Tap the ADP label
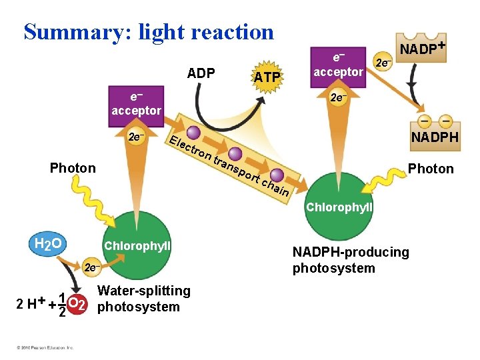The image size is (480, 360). pos(201,73)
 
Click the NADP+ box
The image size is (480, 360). pos(421,48)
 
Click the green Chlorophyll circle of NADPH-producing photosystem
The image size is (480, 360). pos(339,207)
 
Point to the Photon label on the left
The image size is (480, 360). pos(73,167)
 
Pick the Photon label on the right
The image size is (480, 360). pos(431,169)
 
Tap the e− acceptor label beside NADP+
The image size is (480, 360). pos(339,64)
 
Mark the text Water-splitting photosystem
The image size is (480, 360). pos(143,299)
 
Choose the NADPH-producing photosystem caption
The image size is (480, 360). pos(351,260)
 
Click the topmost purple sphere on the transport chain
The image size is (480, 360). pos(194,133)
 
